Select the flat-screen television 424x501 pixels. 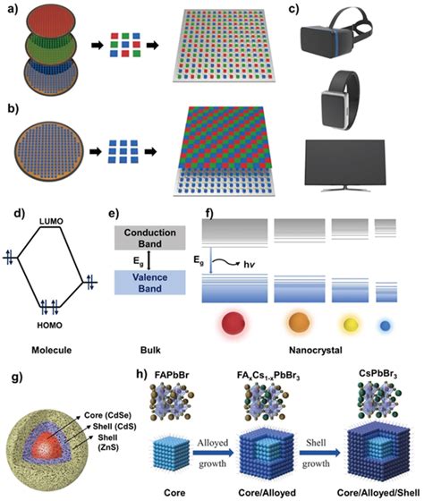(x=344, y=166)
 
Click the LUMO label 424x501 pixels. (x=51, y=221)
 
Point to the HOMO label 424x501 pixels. (x=49, y=326)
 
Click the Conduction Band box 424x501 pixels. (x=150, y=238)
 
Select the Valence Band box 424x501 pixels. (x=150, y=283)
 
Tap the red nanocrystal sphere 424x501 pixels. (x=233, y=323)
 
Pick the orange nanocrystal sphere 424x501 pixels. (x=299, y=323)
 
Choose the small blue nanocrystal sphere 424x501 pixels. (x=385, y=326)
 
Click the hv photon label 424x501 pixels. (x=250, y=264)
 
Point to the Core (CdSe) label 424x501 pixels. (x=107, y=415)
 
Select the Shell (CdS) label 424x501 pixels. (x=114, y=427)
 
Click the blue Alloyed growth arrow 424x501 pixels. (x=213, y=453)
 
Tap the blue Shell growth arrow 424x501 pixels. (x=319, y=453)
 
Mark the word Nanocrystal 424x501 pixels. (x=316, y=350)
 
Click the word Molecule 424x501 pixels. (x=52, y=350)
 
